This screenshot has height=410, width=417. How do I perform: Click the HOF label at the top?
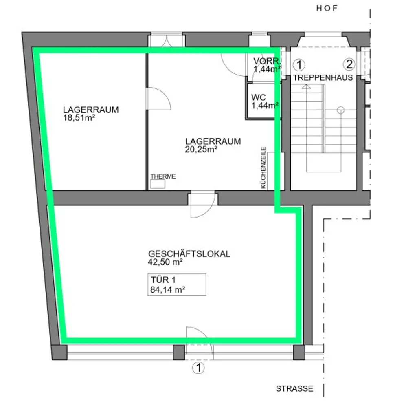pos(327,9)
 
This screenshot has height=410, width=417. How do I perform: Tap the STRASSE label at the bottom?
pos(294,389)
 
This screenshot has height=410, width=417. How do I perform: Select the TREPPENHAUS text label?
pos(323,78)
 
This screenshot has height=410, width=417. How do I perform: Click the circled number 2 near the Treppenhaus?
pos(349,64)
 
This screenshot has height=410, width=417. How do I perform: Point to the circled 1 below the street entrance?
pos(198,368)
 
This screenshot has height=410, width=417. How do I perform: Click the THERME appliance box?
pos(158,184)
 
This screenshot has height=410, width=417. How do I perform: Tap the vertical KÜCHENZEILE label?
pos(263,168)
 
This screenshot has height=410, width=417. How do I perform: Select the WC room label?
pos(259,98)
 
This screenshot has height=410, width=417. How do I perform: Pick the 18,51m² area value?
pos(79,117)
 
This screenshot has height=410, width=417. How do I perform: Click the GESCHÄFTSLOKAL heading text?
pos(189,253)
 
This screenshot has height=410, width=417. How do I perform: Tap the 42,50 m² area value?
pos(165,262)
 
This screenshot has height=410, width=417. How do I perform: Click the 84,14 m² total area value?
pos(168,290)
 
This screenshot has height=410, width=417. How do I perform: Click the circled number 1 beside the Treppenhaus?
pos(299,64)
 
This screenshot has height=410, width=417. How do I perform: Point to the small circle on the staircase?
pos(340,109)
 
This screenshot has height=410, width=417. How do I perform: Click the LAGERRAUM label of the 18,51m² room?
pos(91,110)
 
